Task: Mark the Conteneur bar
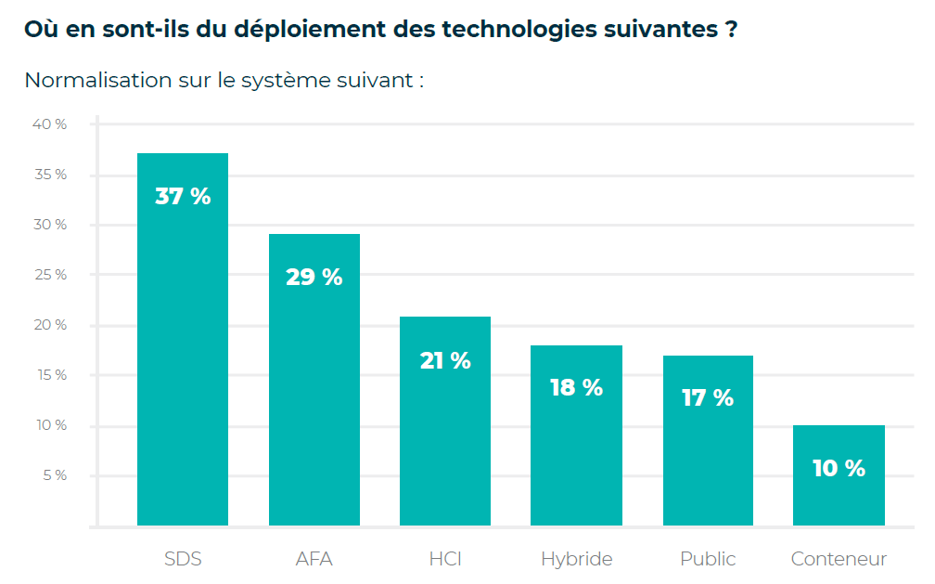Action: (x=839, y=501)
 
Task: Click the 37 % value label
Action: (x=183, y=197)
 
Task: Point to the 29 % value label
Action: (x=314, y=277)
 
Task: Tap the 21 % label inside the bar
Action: (x=445, y=360)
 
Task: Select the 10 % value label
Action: (x=839, y=469)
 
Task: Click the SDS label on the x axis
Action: (x=183, y=559)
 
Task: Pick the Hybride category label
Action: (x=576, y=559)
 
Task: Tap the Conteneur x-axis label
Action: (x=839, y=559)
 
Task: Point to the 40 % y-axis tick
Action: (x=50, y=124)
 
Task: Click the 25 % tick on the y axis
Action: (x=50, y=275)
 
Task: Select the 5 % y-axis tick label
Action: (x=54, y=475)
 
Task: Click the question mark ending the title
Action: (x=731, y=28)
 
